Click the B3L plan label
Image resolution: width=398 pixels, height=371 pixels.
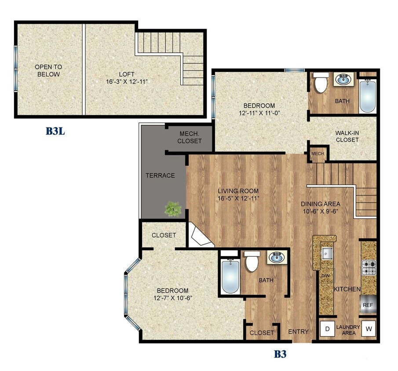click(55, 131)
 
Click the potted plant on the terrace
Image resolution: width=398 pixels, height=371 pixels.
click(173, 208)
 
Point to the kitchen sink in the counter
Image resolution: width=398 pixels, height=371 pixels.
click(326, 253)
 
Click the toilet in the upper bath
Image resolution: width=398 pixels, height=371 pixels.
click(321, 82)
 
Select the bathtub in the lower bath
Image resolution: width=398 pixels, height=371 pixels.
click(230, 277)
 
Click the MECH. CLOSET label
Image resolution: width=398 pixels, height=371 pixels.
click(190, 138)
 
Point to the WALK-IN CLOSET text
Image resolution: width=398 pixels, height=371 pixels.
click(347, 136)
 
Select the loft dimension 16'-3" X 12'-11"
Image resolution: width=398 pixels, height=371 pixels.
click(126, 82)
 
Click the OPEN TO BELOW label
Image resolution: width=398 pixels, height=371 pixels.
click(48, 71)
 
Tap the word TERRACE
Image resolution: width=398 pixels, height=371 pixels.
click(160, 175)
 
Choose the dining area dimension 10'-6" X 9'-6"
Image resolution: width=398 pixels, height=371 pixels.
click(320, 211)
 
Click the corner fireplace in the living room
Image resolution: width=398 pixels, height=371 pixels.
click(199, 236)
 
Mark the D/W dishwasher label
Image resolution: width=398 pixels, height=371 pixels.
click(326, 276)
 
